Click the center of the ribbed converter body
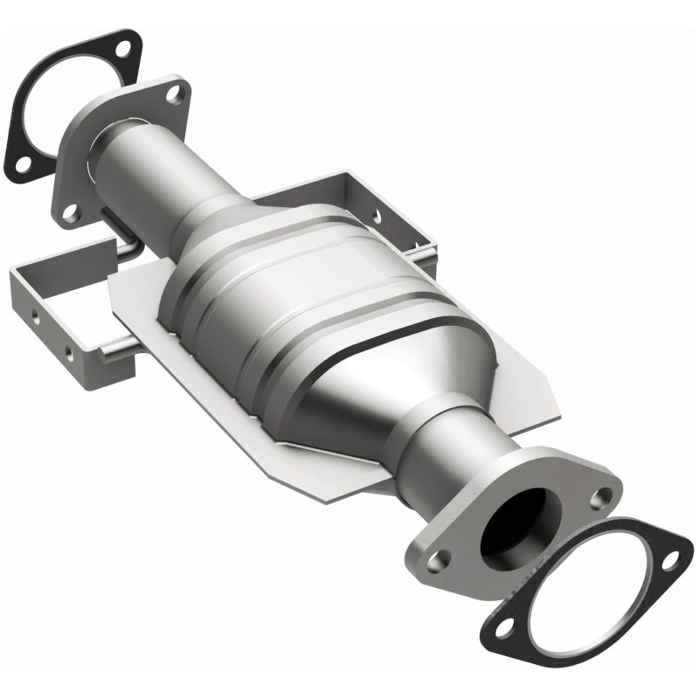point(288,306)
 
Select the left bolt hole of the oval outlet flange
point(443,559)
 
